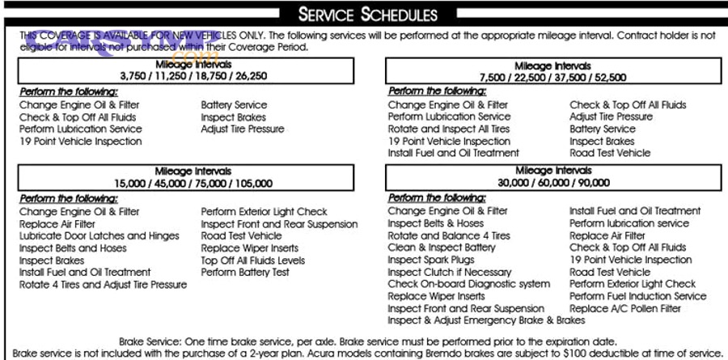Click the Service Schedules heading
point(368,15)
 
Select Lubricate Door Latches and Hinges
point(99,236)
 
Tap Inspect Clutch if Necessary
point(449,272)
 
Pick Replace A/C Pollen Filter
point(624,308)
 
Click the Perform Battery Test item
point(245,273)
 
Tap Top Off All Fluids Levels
point(253,260)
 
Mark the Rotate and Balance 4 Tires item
point(449,235)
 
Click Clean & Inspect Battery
point(442,248)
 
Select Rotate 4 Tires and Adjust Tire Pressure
point(103,285)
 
